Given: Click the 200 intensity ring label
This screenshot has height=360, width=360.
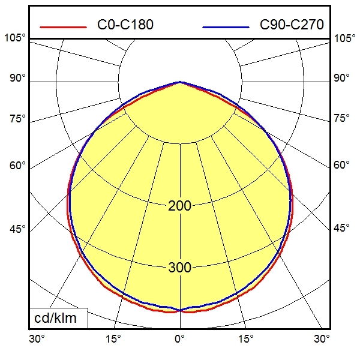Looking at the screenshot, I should click(179, 206).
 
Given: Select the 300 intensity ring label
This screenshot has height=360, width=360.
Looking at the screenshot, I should click(179, 268).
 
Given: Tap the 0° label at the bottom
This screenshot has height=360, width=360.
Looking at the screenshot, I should click(179, 340).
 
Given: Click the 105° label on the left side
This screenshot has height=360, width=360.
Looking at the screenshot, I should click(15, 38).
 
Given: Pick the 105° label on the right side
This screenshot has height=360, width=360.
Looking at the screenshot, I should click(344, 38).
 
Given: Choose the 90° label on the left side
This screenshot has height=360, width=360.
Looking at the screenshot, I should click(17, 79).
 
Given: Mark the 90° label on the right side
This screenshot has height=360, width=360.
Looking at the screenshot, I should click(342, 79).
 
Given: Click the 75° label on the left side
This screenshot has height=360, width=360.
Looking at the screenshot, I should click(17, 118).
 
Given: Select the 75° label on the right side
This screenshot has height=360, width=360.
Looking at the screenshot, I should click(342, 118).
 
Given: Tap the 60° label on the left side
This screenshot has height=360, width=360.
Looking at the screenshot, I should click(17, 165).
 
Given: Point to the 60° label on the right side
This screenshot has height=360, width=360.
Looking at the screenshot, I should click(342, 165).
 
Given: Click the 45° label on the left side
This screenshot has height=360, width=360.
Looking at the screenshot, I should click(17, 229).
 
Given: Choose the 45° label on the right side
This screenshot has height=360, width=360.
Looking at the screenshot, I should click(342, 229).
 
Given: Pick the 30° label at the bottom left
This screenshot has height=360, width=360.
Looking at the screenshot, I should click(37, 340).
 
